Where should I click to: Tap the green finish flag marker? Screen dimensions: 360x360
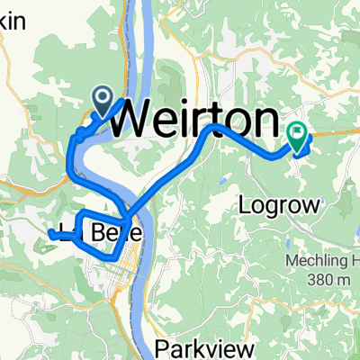tap(298, 135)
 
